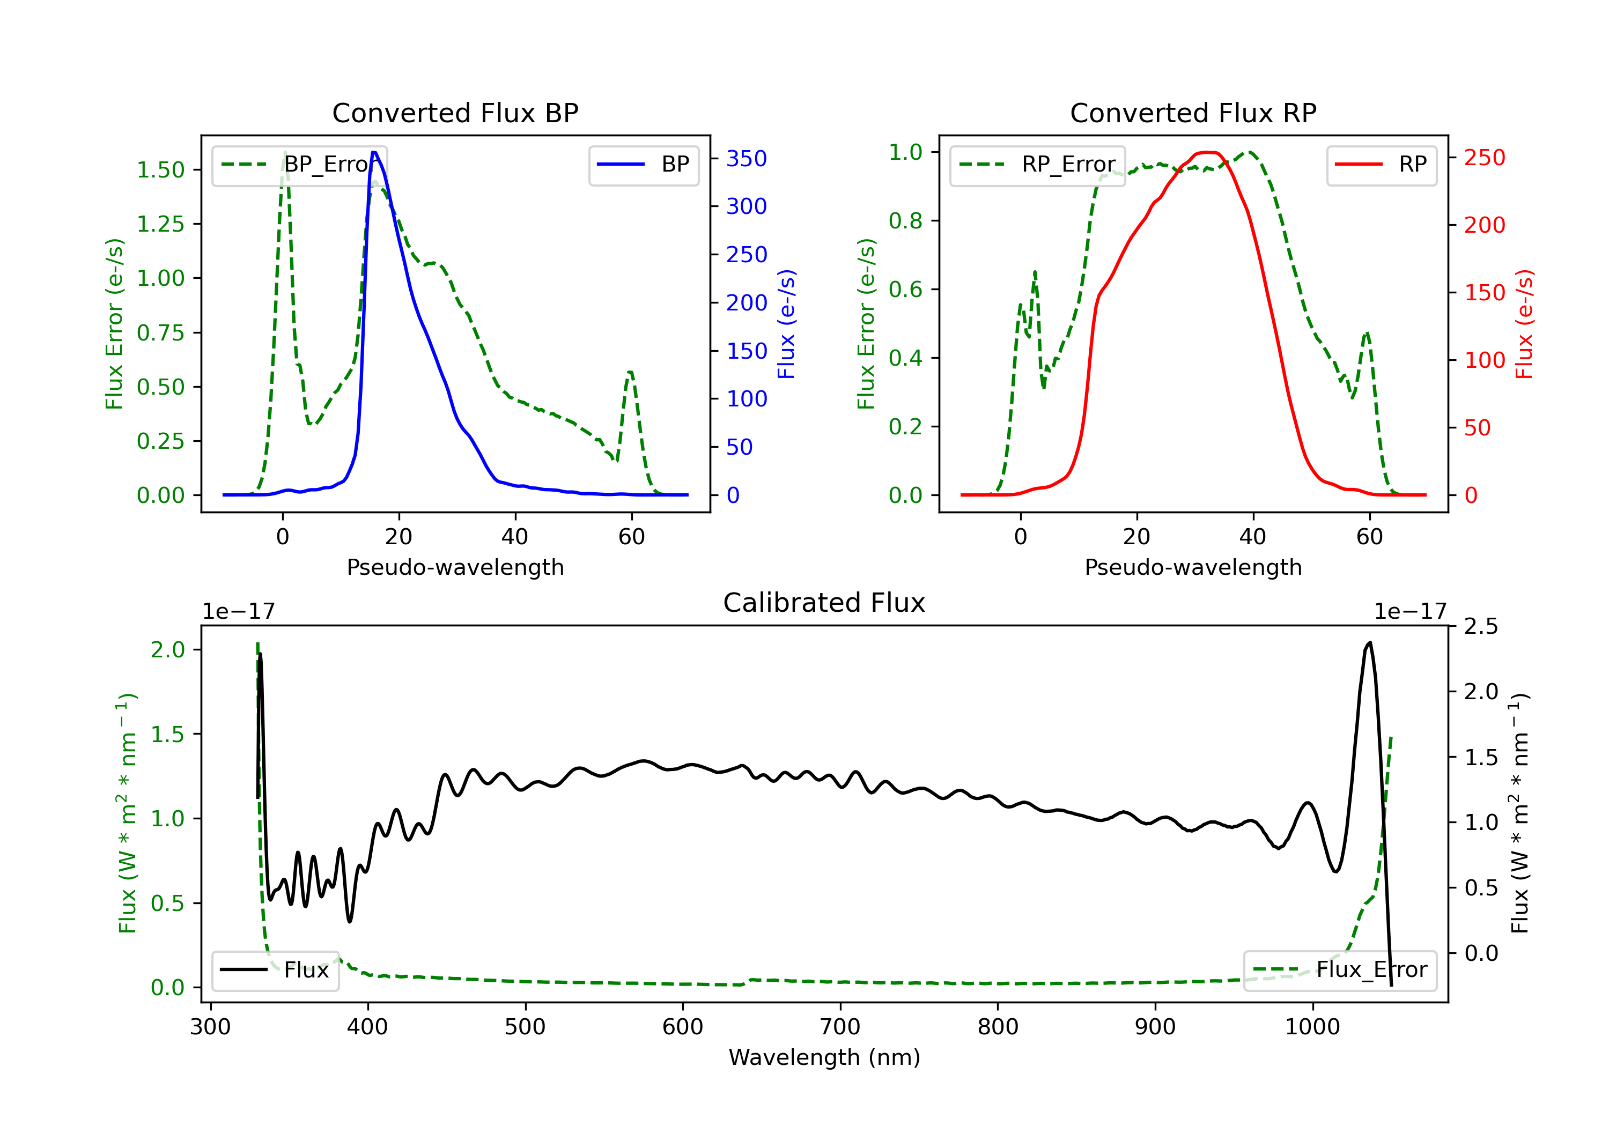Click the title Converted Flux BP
pos(455,113)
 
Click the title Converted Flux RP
pos(1193,113)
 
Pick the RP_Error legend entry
pos(1038,165)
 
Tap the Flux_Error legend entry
pos(1340,970)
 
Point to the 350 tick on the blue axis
pos(746,158)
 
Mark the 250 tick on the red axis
pos(1484,158)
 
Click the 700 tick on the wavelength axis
pos(839,1027)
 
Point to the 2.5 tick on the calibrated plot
pos(1481,626)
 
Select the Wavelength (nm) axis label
pos(824,1057)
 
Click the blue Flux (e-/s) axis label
pos(786,324)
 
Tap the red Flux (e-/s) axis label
pos(1524,324)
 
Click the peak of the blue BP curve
pos(374,152)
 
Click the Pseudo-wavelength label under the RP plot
pos(1193,567)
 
